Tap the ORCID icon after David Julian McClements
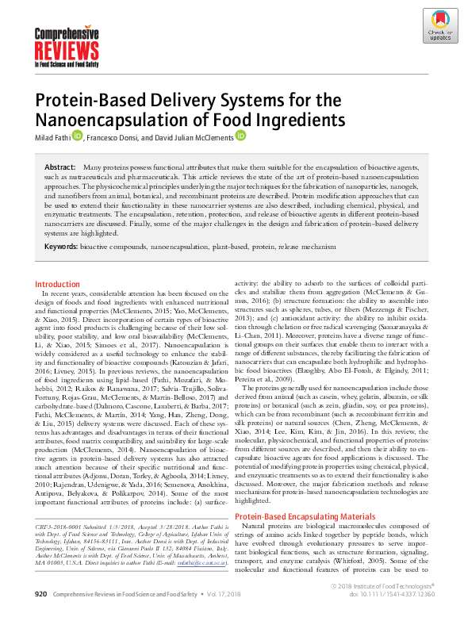click(x=240, y=136)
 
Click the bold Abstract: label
click(x=60, y=169)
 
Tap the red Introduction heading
click(x=57, y=284)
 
